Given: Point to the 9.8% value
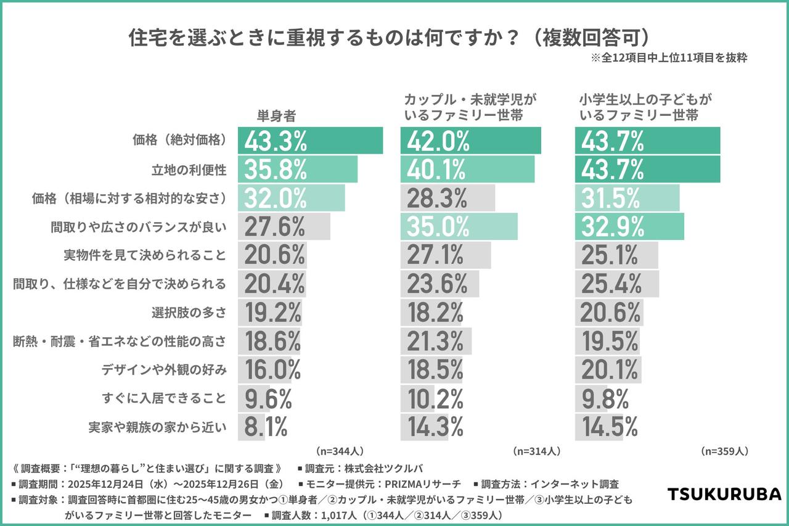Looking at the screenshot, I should coord(605,398).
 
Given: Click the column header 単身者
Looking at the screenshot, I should coord(277,115).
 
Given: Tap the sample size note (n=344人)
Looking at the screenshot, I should coord(339,451).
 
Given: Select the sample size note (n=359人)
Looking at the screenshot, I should coord(725,451).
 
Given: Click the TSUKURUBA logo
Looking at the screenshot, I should coord(725,494).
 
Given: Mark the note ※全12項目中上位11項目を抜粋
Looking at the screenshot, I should coord(669,58).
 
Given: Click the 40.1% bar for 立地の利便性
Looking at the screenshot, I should coord(467,170).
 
